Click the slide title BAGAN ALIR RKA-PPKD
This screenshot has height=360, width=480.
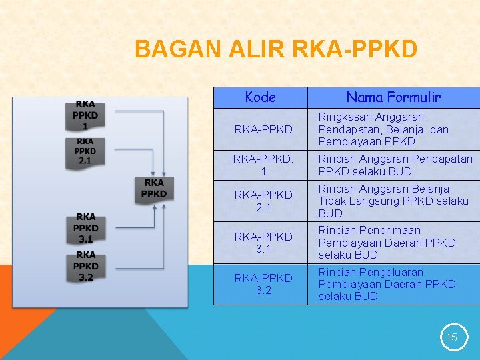(276, 49)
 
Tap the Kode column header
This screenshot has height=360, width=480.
(260, 97)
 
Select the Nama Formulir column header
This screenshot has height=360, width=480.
(393, 97)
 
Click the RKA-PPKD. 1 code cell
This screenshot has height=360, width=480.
(260, 165)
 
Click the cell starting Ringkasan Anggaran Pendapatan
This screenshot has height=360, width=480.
(393, 129)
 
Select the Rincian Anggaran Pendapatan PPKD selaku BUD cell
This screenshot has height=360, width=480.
(393, 165)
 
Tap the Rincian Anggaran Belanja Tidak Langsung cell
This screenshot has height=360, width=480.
(393, 201)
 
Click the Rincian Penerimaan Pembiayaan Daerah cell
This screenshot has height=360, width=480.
(393, 243)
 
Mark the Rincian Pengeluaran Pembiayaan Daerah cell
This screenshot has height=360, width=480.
(393, 284)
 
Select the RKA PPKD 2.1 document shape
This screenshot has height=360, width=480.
(85, 152)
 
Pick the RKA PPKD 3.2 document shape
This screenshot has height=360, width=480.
(85, 265)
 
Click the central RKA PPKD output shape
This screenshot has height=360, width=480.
(154, 189)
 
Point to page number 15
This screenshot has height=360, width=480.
(451, 337)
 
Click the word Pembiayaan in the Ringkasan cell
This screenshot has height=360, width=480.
(350, 141)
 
